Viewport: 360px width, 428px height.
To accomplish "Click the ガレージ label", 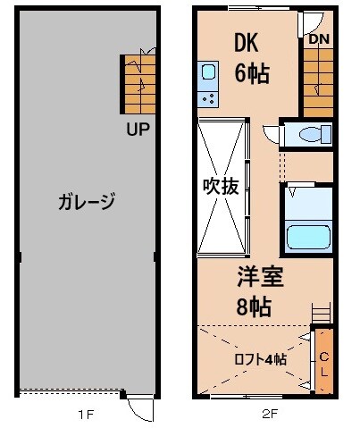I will (88, 202).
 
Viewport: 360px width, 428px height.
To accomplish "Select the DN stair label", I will (319, 38).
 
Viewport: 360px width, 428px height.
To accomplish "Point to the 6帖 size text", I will (252, 72).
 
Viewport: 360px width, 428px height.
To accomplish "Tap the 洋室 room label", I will (260, 277).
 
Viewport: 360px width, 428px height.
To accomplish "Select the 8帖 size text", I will (255, 306).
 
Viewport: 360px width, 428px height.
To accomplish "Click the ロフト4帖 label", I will (260, 359).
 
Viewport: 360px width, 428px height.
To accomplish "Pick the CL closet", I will (323, 361).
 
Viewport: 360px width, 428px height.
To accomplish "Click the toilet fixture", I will (309, 135).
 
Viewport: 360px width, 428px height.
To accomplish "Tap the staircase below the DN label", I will (318, 80).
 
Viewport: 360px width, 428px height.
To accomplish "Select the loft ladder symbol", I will (322, 313).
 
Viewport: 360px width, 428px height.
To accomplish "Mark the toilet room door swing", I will (272, 136).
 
